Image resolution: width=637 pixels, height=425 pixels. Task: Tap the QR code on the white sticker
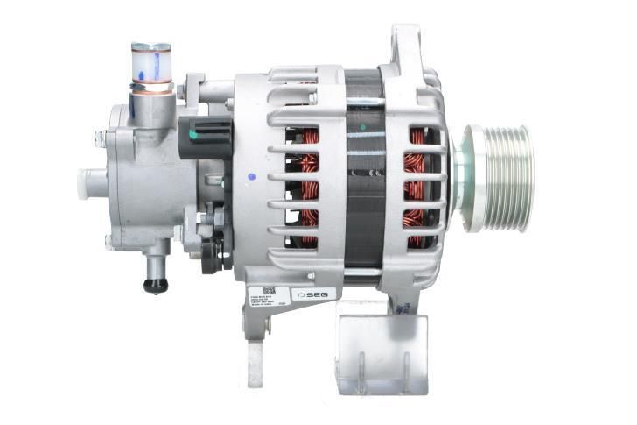coord(269,292)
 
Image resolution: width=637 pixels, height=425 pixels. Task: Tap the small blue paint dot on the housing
coord(251,177)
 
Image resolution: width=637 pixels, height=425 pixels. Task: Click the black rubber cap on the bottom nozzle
coord(156,285)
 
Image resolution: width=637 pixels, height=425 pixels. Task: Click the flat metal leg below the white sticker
coord(255,359)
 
